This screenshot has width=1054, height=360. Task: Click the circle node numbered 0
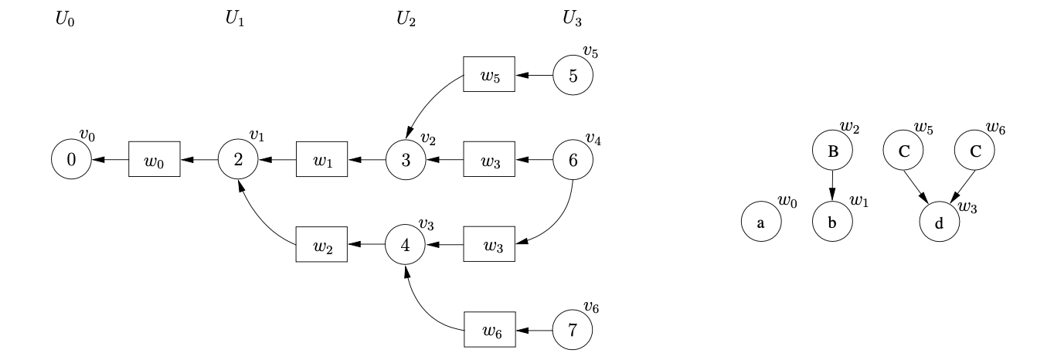(x=71, y=161)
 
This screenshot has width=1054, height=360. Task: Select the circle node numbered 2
(x=238, y=161)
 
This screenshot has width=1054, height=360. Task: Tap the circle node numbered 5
(x=573, y=76)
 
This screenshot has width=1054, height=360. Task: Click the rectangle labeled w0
(x=155, y=161)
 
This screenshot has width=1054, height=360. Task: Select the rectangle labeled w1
(x=321, y=161)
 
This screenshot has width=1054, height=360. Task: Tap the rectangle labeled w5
(x=488, y=76)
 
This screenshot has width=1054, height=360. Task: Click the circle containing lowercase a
(x=760, y=223)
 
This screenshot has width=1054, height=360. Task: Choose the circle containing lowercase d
(x=939, y=223)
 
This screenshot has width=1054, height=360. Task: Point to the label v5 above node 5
(x=590, y=53)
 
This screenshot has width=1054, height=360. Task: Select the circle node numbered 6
(x=573, y=161)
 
